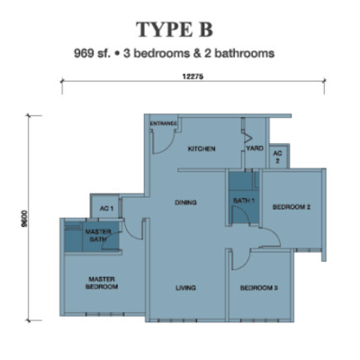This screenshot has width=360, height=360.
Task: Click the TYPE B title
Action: tap(175, 30)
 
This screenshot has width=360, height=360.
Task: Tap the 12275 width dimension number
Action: tap(193, 76)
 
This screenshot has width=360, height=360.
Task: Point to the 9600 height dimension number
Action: tap(24, 219)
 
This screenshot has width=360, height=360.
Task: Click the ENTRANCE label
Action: tap(163, 123)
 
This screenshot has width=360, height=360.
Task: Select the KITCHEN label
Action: tap(202, 148)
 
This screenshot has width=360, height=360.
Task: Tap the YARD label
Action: tap(255, 148)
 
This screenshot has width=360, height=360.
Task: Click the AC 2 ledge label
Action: tap(277, 157)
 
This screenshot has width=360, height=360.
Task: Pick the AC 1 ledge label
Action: tap(106, 208)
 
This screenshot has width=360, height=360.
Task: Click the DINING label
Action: tap(185, 202)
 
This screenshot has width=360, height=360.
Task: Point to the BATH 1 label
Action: tap(244, 201)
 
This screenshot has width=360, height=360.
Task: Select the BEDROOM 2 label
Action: tap(292, 207)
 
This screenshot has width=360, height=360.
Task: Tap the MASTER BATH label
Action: tap(98, 236)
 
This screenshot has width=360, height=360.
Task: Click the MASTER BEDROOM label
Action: tap(102, 283)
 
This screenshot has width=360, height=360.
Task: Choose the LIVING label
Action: tap(185, 288)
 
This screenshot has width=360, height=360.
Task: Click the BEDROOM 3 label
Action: tap(259, 288)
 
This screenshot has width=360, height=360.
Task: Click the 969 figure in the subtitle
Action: tap(83, 54)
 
